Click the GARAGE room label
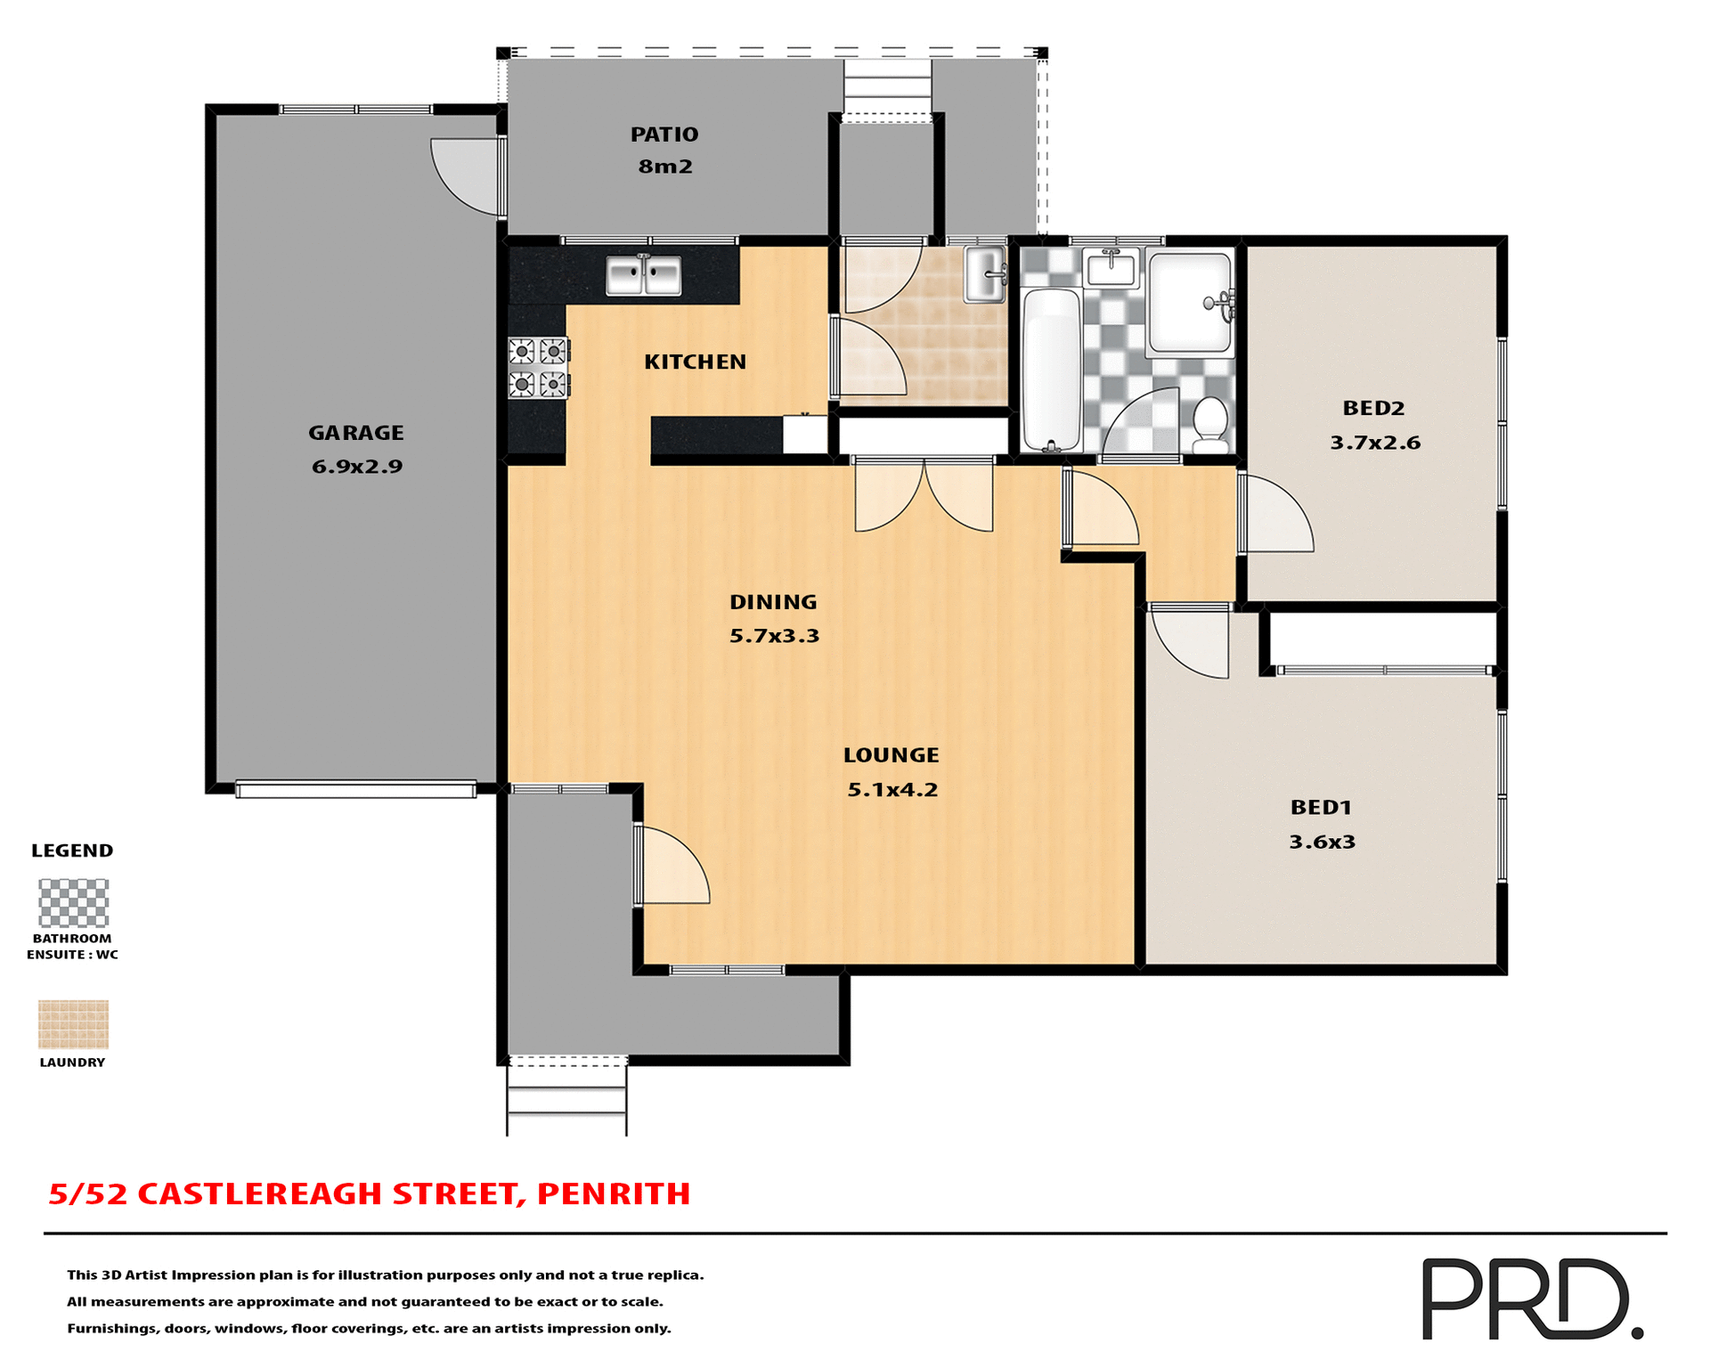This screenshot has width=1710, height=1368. (x=355, y=433)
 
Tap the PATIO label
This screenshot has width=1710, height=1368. (x=664, y=134)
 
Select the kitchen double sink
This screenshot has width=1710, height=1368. (x=643, y=275)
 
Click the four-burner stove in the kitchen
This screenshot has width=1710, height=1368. (x=539, y=368)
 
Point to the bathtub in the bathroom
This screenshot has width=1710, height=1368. (x=1051, y=369)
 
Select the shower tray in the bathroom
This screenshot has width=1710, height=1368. (x=1190, y=303)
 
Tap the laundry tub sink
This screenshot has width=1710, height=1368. (x=985, y=274)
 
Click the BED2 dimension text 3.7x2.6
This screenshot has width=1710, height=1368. (x=1374, y=443)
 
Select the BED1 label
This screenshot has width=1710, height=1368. (x=1321, y=808)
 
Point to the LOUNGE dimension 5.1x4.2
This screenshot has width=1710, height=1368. (x=892, y=790)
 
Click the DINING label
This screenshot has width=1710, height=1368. (x=772, y=602)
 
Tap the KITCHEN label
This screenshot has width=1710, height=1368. (x=695, y=362)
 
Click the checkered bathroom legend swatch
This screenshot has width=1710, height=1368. (x=73, y=903)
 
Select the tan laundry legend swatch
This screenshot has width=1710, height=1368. (x=73, y=1024)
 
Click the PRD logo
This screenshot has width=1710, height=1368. (x=1531, y=1298)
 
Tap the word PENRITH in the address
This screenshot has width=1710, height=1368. (x=614, y=1193)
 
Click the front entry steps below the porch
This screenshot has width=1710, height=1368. (x=566, y=1101)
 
